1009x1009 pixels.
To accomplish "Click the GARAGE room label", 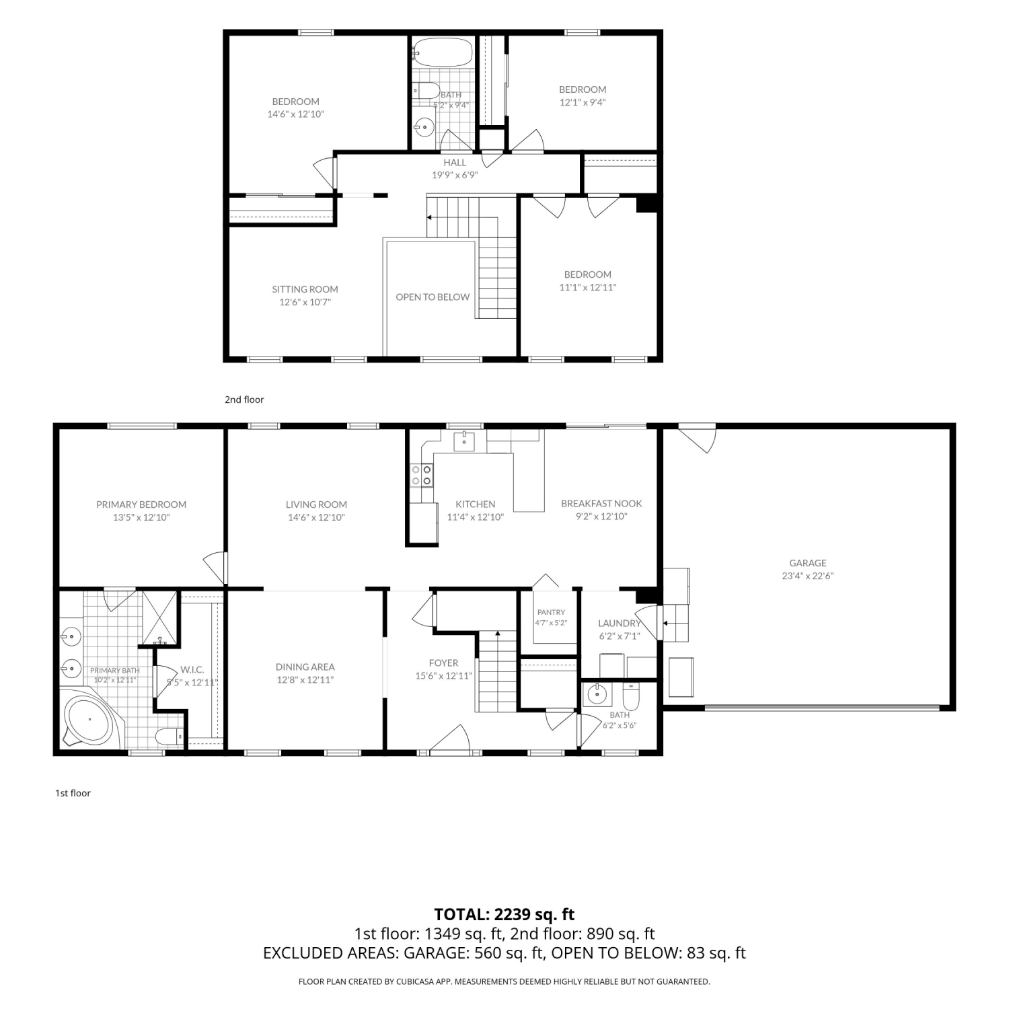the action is [x=808, y=563].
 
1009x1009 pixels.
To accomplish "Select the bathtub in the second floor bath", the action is [x=443, y=52].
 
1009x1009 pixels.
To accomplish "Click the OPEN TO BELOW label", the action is [x=433, y=297].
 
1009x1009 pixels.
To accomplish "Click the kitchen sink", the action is [x=465, y=441].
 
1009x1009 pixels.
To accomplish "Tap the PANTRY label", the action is [x=551, y=612].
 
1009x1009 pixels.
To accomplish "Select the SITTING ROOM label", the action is [x=305, y=289].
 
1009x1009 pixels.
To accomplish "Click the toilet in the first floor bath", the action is [x=630, y=696].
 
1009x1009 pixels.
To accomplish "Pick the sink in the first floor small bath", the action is [x=596, y=694].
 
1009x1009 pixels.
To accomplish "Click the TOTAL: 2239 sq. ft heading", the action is [x=504, y=914].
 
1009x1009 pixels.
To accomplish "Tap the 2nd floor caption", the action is [x=244, y=400].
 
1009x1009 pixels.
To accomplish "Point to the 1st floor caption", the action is [x=73, y=793].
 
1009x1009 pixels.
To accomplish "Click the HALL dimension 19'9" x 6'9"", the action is [x=455, y=175].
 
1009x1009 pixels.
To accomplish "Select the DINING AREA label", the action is [x=305, y=667].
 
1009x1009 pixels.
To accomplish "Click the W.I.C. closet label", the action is [x=192, y=670].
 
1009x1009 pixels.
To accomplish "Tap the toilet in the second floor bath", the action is [x=426, y=90].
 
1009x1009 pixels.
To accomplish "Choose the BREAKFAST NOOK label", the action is [x=601, y=503].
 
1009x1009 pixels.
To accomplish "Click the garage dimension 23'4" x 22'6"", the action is [x=808, y=576].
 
